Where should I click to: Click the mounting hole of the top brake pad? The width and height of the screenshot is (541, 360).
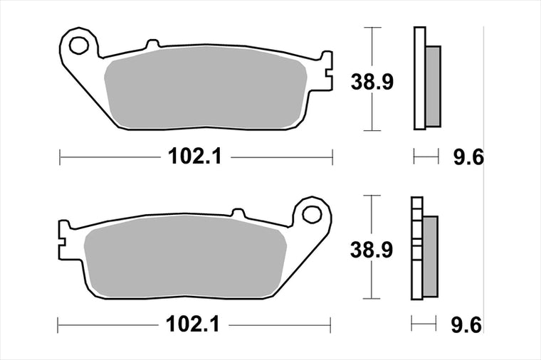[79, 46]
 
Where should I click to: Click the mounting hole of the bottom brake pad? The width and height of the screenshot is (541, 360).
[312, 214]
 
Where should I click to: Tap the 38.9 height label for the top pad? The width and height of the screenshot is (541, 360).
[372, 82]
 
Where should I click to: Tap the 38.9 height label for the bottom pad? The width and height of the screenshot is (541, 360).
[372, 250]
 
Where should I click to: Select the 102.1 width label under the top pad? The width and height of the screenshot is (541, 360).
[194, 157]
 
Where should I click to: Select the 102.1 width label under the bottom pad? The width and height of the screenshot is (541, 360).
[192, 324]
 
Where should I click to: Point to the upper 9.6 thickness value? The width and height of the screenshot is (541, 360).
[468, 157]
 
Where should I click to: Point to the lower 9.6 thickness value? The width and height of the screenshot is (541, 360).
[466, 325]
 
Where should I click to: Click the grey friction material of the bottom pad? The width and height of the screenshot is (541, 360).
[185, 257]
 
